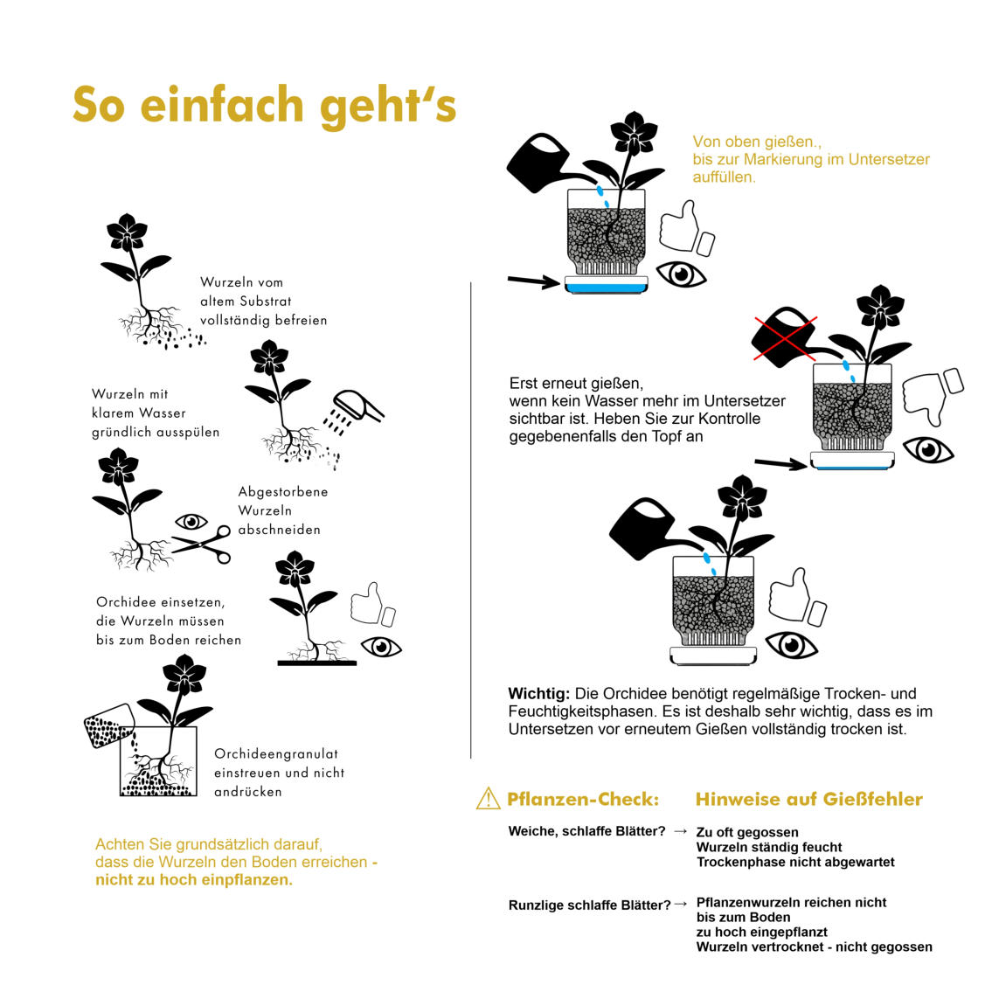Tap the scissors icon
pyautogui.click(x=202, y=544)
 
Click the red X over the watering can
pyautogui.click(x=785, y=339)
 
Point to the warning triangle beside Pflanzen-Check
pyautogui.click(x=488, y=799)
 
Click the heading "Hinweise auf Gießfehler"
pyautogui.click(x=809, y=799)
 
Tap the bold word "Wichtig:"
pyautogui.click(x=539, y=694)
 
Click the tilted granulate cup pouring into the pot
pyautogui.click(x=109, y=726)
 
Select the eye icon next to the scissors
pyautogui.click(x=191, y=522)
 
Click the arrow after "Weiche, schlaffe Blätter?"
pyautogui.click(x=680, y=831)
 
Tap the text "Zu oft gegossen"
pyautogui.click(x=747, y=832)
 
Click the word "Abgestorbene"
pyautogui.click(x=282, y=491)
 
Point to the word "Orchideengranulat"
pyautogui.click(x=276, y=753)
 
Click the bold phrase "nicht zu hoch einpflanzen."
pyautogui.click(x=194, y=879)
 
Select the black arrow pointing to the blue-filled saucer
pyautogui.click(x=533, y=281)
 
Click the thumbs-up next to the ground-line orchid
pyautogui.click(x=373, y=604)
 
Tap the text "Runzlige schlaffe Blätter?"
pyautogui.click(x=589, y=905)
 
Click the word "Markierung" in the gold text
pyautogui.click(x=784, y=160)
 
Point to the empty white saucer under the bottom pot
pyautogui.click(x=713, y=656)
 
